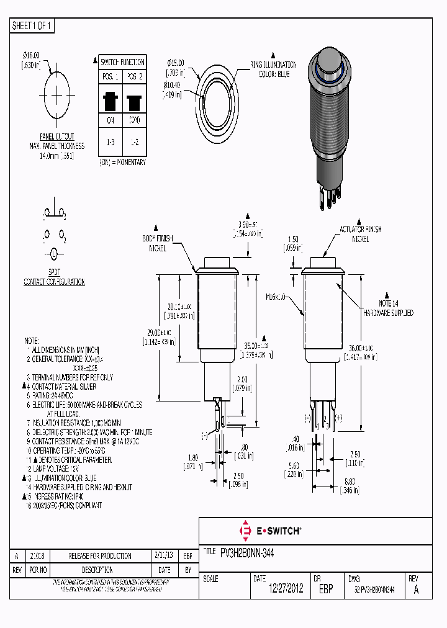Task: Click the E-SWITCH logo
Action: [x=270, y=531]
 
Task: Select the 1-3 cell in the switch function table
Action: [x=111, y=142]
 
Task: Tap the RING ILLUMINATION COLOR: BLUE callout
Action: [x=274, y=69]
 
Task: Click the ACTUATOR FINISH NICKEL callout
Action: [x=361, y=233]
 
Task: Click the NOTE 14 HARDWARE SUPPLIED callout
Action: [x=388, y=309]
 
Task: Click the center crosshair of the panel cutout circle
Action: [x=58, y=94]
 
